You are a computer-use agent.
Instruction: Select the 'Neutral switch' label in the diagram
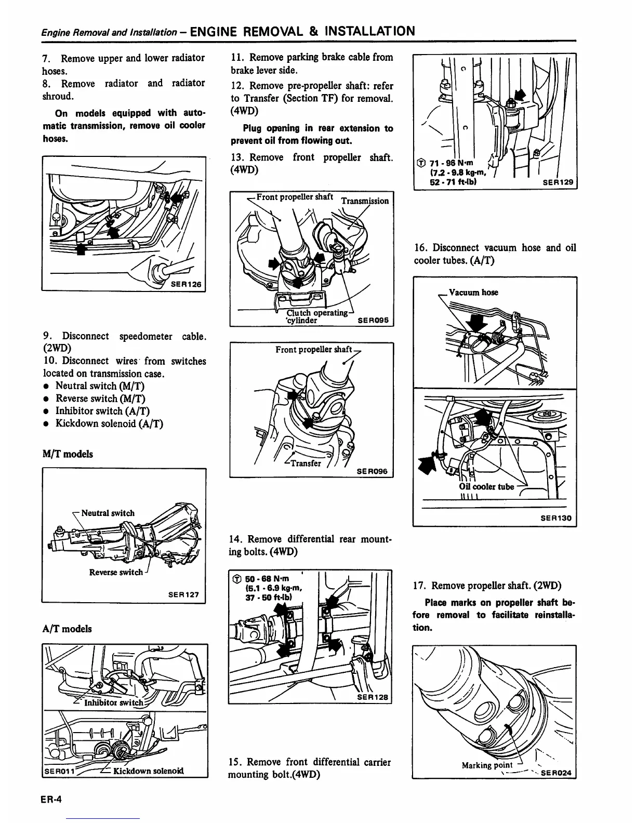(x=108, y=513)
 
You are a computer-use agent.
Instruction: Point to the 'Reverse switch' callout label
(x=115, y=572)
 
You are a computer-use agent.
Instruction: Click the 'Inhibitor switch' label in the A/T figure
(x=113, y=703)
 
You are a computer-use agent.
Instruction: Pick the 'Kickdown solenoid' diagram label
(x=148, y=770)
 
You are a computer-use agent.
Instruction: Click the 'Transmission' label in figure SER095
(x=365, y=201)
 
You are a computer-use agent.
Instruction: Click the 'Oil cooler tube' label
(x=486, y=487)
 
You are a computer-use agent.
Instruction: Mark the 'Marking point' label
(x=487, y=765)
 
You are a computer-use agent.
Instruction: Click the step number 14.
(x=235, y=539)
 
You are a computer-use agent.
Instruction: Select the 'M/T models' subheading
(x=68, y=454)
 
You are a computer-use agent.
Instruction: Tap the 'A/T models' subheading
(x=68, y=629)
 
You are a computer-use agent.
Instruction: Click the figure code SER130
(x=556, y=518)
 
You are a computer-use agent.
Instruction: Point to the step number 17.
(x=420, y=586)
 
